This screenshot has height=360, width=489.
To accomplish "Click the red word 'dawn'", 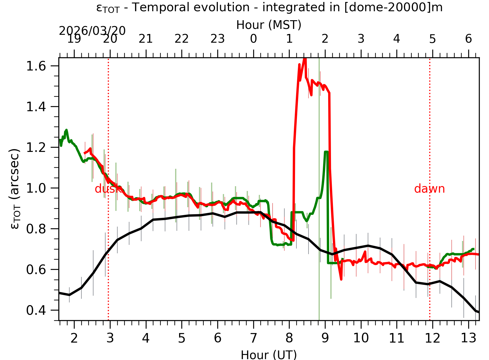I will click(429, 189).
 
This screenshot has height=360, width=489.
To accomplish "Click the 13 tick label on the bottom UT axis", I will click(468, 338).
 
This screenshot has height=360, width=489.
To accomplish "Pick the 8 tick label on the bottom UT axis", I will click(289, 338).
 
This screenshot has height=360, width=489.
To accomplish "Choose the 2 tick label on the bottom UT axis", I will click(74, 338).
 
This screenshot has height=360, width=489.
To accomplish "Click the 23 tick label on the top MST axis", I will click(218, 39).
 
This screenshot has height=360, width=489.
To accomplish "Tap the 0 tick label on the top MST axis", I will click(253, 39).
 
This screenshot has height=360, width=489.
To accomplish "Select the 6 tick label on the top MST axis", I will click(468, 39).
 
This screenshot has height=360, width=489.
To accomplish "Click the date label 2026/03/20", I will click(92, 31).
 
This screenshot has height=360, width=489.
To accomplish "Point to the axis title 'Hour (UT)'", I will click(269, 355).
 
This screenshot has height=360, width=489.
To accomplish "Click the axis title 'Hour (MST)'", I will click(269, 25).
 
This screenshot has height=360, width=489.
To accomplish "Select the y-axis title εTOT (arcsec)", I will click(15, 189).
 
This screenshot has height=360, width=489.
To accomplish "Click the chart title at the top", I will click(269, 8).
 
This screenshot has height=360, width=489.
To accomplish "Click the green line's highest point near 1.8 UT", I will click(67, 130).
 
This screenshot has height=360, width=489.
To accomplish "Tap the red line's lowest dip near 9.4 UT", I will click(341, 279).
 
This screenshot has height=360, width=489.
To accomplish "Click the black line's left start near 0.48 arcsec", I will click(60, 293).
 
